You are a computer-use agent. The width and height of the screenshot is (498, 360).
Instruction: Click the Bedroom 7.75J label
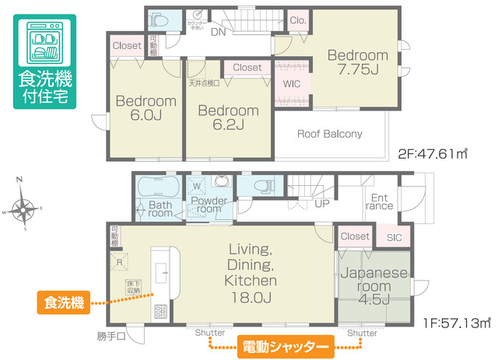(x=356, y=62)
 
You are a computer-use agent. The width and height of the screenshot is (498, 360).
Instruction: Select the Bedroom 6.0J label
(x=146, y=108)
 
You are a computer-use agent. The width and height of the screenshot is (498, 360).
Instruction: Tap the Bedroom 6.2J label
(x=227, y=117)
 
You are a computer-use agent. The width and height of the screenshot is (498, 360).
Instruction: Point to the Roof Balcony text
(x=330, y=134)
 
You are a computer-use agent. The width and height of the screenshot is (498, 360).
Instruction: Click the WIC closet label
(x=293, y=83)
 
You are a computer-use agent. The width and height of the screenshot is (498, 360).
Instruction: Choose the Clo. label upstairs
(x=296, y=21)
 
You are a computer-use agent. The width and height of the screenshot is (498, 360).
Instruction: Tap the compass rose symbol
(x=25, y=207)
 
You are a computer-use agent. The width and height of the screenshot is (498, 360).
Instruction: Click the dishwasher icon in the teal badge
(x=43, y=44)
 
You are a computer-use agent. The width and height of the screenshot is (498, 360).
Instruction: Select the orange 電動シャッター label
(x=284, y=344)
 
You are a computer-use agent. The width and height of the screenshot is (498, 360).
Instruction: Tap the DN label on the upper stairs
(x=219, y=32)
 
